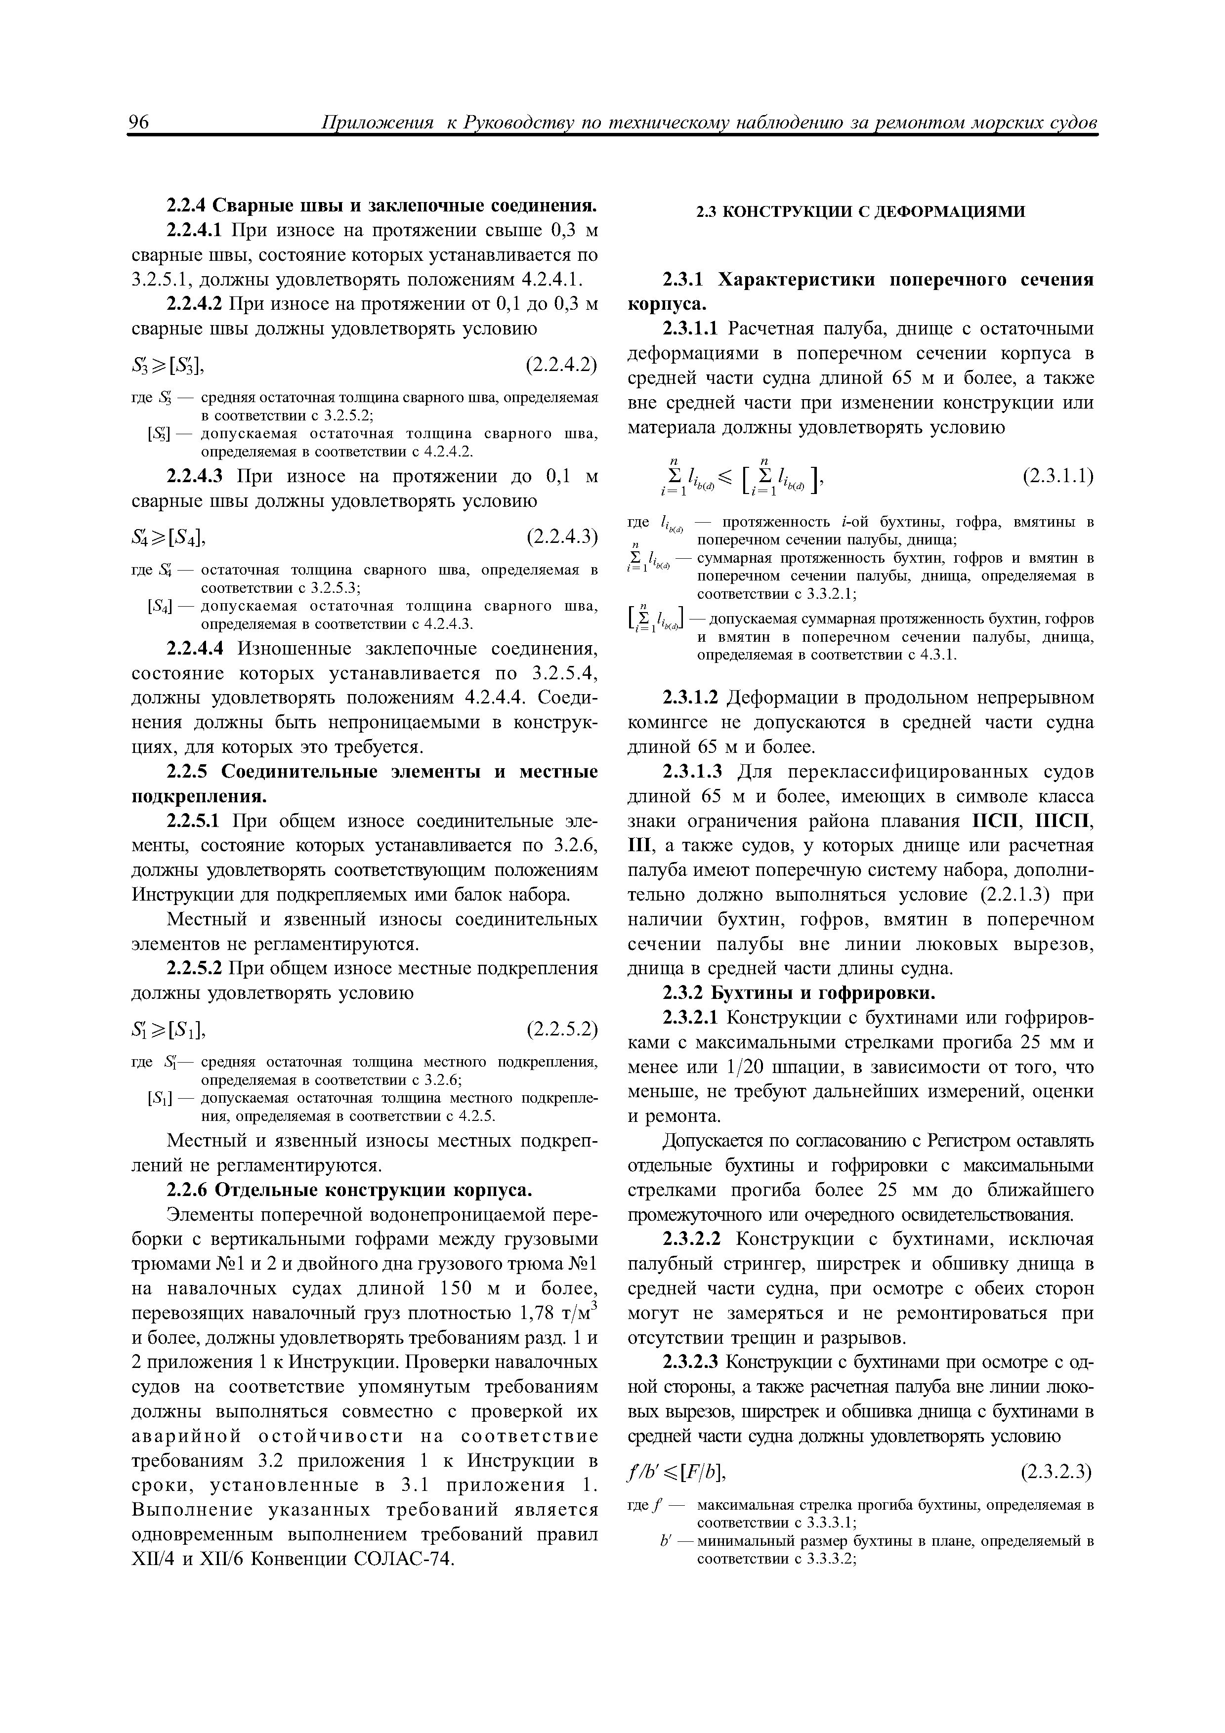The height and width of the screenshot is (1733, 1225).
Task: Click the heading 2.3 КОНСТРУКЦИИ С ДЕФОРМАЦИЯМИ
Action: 860,212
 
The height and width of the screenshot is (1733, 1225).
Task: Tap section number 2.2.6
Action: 188,1190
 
